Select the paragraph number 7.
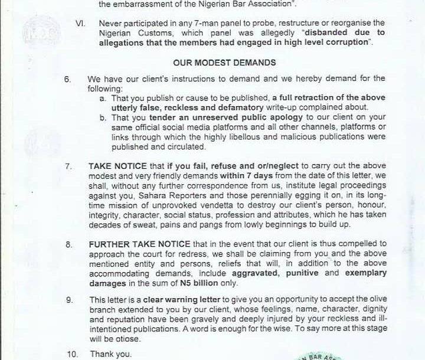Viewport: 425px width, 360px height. point(69,166)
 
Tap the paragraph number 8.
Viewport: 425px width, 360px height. point(69,243)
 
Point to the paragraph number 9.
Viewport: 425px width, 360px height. point(69,300)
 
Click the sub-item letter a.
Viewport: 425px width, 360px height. point(103,97)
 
